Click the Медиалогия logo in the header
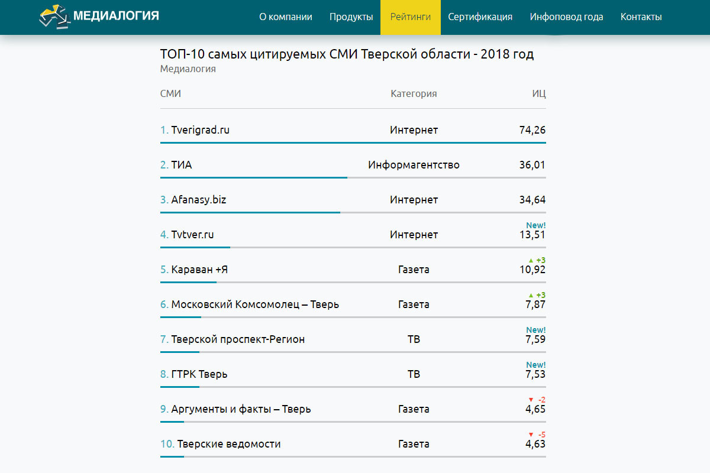[x=99, y=17]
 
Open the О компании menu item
[x=286, y=17]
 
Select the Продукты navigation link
[x=351, y=17]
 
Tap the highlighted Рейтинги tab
[x=411, y=17]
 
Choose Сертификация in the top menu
[x=480, y=17]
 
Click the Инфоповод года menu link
[x=567, y=17]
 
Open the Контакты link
[x=641, y=17]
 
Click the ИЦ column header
[x=539, y=93]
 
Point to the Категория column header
[x=414, y=93]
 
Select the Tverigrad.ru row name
[x=200, y=130]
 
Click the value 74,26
[x=532, y=130]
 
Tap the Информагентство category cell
[x=414, y=165]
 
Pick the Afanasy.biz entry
[x=199, y=200]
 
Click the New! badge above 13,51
[x=536, y=225]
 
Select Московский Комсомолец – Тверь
[x=255, y=304]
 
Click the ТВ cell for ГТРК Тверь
[x=414, y=374]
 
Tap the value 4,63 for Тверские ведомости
[x=535, y=444]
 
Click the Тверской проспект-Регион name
[x=238, y=339]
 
